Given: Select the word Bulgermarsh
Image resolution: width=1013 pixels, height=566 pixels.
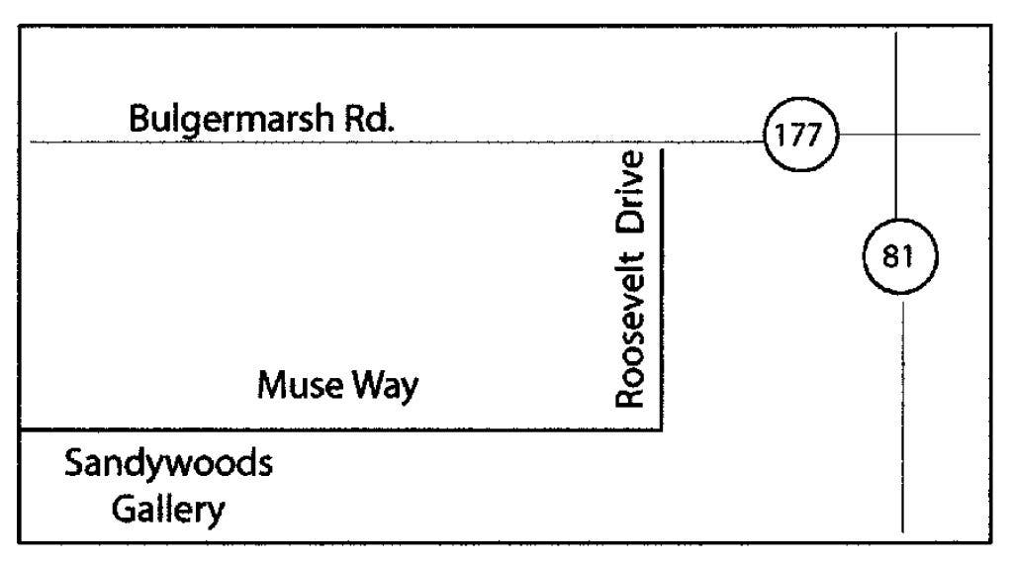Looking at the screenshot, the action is coord(231,120).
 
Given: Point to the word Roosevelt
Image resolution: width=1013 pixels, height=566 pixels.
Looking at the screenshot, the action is coord(630,330).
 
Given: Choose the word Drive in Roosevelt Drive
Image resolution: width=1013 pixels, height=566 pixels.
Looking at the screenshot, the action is coord(630,192).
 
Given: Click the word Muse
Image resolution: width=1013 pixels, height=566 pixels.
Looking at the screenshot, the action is coord(301,385).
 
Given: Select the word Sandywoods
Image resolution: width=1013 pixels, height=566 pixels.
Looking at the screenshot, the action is coord(168,463).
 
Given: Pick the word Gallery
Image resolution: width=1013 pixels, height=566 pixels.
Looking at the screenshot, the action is coord(168,510).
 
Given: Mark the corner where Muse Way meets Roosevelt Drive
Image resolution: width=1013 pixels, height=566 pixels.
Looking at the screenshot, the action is coord(661,428).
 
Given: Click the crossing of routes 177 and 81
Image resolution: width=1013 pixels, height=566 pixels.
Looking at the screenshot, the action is coord(896,135).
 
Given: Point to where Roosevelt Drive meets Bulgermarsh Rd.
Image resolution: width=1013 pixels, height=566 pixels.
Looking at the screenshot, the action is coord(661,142).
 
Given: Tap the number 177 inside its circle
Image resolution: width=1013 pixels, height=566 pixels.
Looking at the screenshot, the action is coord(798,135).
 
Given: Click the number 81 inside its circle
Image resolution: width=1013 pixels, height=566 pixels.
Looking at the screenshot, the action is coord(898,256).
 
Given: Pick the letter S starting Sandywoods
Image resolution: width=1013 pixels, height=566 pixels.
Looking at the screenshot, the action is coord(74,463).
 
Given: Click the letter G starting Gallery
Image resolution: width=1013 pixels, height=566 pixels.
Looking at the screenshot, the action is coord(125,510).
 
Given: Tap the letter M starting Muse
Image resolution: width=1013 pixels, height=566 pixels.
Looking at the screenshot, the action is coord(274,385).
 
